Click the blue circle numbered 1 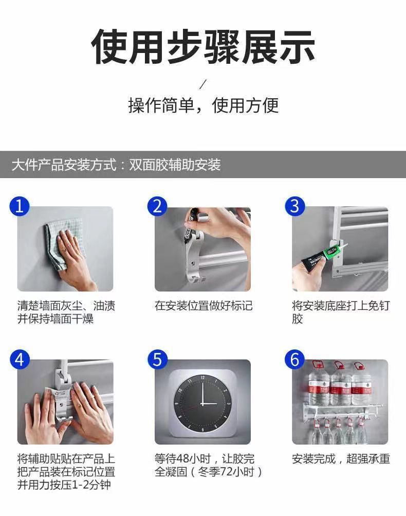tap(20, 206)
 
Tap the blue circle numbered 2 tap(157, 206)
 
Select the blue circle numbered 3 tap(295, 206)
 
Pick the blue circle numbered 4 tap(20, 359)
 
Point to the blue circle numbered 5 tap(157, 359)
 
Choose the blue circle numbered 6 tap(295, 359)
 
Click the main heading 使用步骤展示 tap(203, 46)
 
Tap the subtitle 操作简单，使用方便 tap(203, 105)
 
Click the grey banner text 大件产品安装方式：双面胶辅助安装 tap(116, 165)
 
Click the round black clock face tap(202, 403)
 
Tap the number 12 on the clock tap(202, 378)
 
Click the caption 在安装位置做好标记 tap(204, 306)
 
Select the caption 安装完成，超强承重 tap(341, 458)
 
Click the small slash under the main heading tap(203, 84)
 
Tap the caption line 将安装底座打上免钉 tap(341, 306)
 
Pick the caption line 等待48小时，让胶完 tap(205, 458)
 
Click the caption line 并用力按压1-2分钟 tap(64, 485)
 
